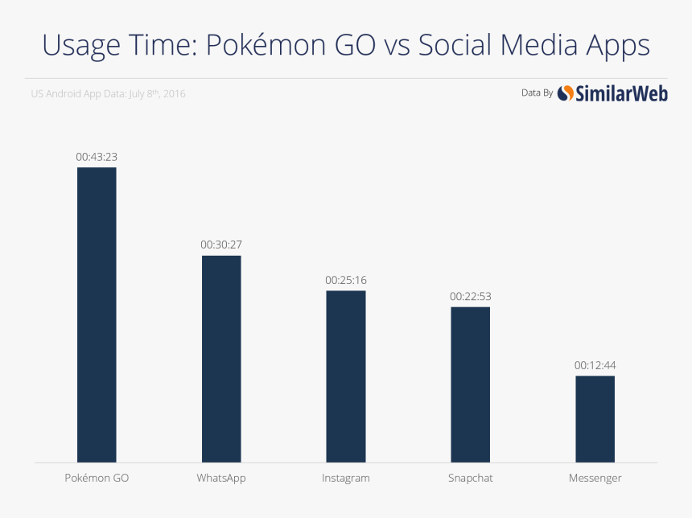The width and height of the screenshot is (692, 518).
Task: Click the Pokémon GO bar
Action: pyautogui.click(x=97, y=314)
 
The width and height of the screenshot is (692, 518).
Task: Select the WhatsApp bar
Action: pyautogui.click(x=221, y=359)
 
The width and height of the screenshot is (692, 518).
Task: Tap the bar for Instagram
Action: pyautogui.click(x=345, y=376)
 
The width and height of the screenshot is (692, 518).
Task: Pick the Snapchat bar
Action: pyautogui.click(x=470, y=384)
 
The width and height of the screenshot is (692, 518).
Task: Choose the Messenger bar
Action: pyautogui.click(x=595, y=419)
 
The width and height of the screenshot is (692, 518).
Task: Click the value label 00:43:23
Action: pyautogui.click(x=97, y=157)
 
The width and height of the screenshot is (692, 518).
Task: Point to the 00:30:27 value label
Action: pyautogui.click(x=221, y=245)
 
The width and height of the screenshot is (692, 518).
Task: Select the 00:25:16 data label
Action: pyautogui.click(x=345, y=280)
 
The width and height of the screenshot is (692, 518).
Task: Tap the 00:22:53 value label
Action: pyautogui.click(x=470, y=296)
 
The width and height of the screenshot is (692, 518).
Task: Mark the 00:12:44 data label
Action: pyautogui.click(x=595, y=365)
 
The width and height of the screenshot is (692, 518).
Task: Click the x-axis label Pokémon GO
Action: pyautogui.click(x=97, y=478)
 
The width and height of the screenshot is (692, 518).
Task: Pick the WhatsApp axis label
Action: pyautogui.click(x=221, y=478)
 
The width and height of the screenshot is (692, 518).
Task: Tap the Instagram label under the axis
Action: pyautogui.click(x=345, y=478)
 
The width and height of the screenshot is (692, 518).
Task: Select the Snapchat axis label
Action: pyautogui.click(x=470, y=478)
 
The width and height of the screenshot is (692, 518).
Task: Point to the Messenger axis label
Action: pyautogui.click(x=595, y=478)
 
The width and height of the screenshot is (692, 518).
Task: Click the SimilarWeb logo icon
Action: pyautogui.click(x=566, y=93)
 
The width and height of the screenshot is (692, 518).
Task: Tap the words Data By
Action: pyautogui.click(x=537, y=93)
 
